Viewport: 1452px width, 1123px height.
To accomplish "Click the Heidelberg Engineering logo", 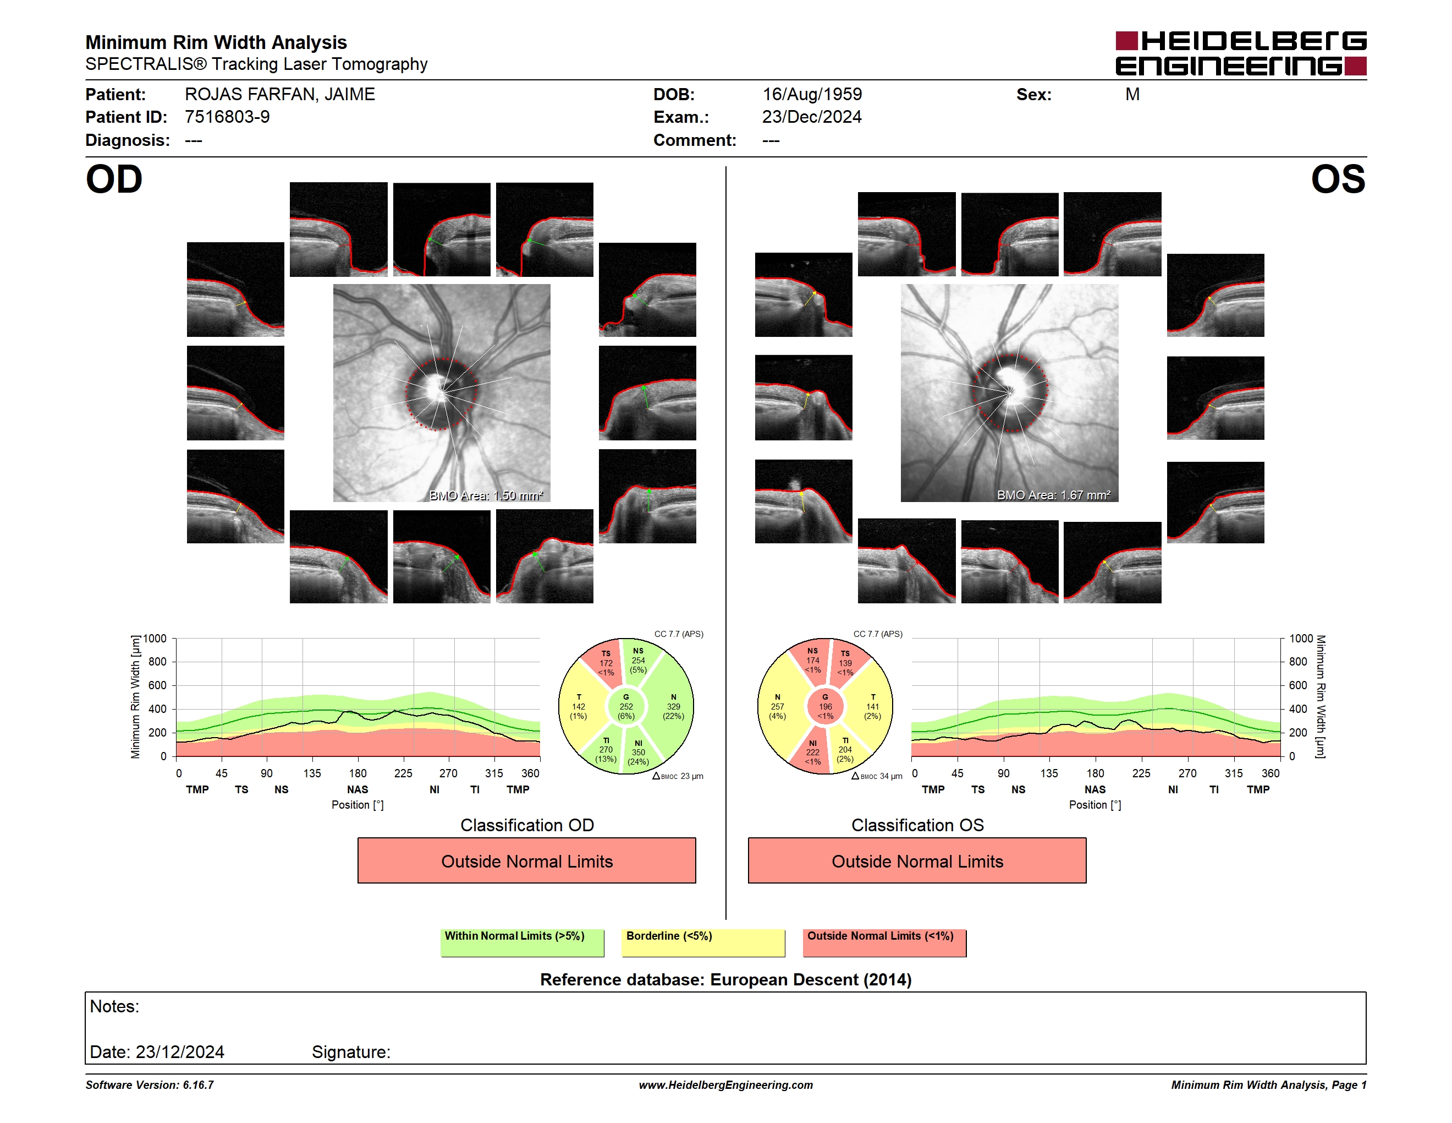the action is tap(1241, 53).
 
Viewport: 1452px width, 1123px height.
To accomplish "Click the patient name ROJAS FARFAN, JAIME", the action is tap(280, 95).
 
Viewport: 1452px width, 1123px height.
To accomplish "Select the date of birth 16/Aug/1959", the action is tap(812, 95).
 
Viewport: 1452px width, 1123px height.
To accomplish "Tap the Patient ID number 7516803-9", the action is tap(227, 117).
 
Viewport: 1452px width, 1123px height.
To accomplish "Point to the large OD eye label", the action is tap(114, 179).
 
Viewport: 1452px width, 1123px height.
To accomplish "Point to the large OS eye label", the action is tap(1338, 179).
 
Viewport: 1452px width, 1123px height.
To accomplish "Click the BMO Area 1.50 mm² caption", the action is tap(486, 495).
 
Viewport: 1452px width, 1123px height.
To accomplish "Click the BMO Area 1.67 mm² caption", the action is tap(1054, 495).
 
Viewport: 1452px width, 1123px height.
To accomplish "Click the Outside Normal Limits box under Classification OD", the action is tap(526, 860).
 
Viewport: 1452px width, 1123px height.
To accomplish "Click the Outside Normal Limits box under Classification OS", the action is tap(917, 860).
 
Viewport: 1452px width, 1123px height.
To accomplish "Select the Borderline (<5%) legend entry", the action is tap(703, 942).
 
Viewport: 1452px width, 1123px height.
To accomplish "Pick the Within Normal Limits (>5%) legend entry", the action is tap(522, 942).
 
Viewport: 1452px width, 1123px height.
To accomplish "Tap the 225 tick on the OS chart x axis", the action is tap(1141, 773).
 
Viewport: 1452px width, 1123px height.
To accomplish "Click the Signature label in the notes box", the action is tap(351, 1052).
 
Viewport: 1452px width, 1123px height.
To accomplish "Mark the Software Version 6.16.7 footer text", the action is tap(150, 1085).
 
